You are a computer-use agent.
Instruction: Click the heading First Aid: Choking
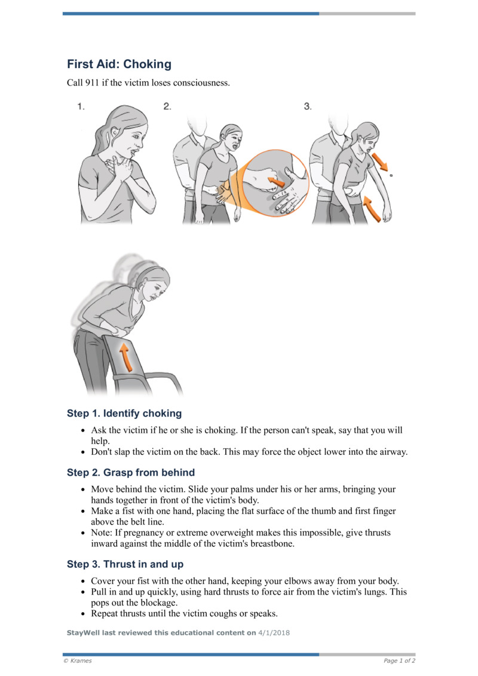click(x=119, y=64)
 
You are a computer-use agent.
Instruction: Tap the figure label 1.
click(x=81, y=107)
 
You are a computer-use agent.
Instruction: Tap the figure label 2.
click(x=167, y=107)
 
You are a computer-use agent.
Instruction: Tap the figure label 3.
click(x=308, y=107)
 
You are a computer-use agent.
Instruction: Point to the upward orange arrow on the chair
click(x=125, y=357)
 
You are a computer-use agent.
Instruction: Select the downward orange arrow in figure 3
click(x=378, y=161)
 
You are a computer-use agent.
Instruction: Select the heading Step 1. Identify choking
click(x=124, y=414)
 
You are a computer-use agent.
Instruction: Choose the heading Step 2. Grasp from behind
click(x=131, y=473)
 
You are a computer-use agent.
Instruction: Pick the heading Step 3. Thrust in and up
click(x=125, y=564)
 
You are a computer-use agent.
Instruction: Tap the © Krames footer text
click(x=78, y=661)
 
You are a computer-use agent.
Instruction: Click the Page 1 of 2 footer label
click(x=399, y=661)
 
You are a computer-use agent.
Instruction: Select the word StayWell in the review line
click(x=84, y=632)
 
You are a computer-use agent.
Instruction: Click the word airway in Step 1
click(x=391, y=452)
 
